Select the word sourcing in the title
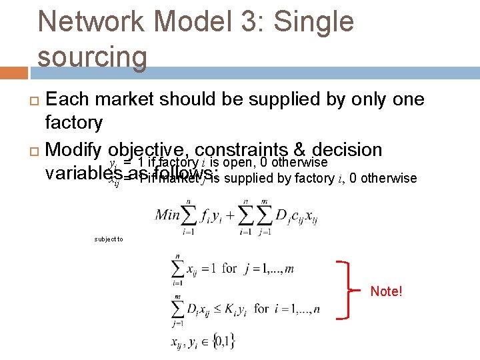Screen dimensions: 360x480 pyautogui.click(x=92, y=57)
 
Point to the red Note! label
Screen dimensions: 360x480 pyautogui.click(x=386, y=291)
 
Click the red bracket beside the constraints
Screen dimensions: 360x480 pyautogui.click(x=347, y=291)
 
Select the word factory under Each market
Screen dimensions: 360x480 pyautogui.click(x=73, y=123)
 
